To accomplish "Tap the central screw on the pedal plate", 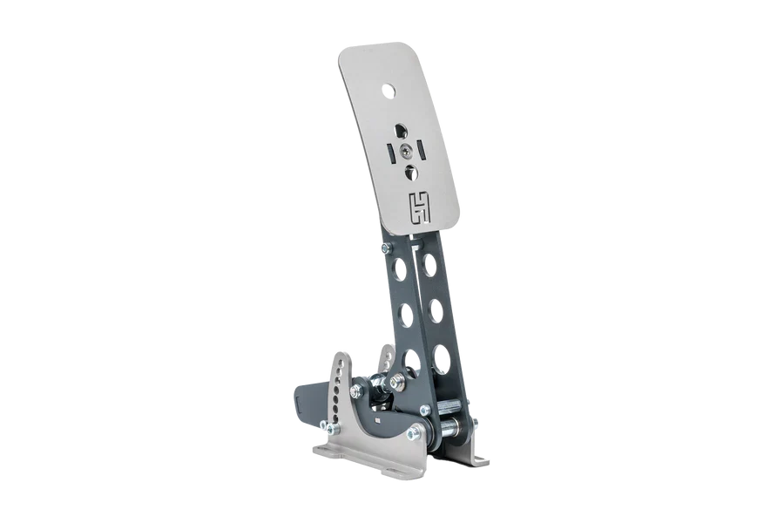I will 406,149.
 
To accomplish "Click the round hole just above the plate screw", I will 402,128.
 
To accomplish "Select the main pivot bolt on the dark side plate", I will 410,434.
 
